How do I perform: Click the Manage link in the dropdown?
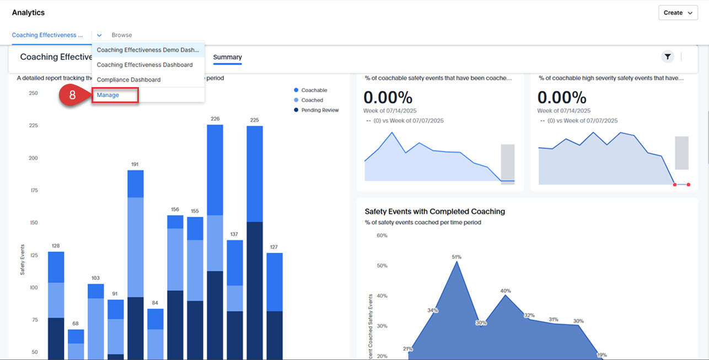(108, 95)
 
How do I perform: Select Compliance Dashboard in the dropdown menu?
(128, 80)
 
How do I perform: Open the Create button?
(678, 13)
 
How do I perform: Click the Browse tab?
(122, 35)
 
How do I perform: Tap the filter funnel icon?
(668, 56)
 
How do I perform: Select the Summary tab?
(227, 57)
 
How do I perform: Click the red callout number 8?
(73, 95)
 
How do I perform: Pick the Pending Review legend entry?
(319, 110)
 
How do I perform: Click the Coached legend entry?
(311, 100)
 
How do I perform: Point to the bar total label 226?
(215, 119)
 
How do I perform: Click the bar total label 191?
(136, 164)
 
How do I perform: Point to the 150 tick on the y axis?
(33, 223)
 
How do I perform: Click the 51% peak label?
(456, 257)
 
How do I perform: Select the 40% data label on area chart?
(506, 291)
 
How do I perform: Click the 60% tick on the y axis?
(382, 236)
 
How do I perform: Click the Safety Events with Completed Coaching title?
(434, 212)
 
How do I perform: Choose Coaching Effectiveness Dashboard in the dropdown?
(144, 65)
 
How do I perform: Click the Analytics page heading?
(28, 13)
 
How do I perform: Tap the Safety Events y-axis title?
(23, 260)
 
